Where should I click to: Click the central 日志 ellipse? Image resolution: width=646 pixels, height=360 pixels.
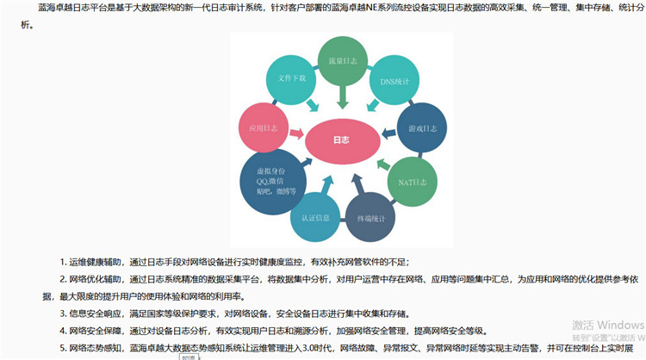point(340,140)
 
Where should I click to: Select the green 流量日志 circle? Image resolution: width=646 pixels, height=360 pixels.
point(342,62)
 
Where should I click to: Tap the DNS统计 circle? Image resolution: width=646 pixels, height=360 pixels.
point(394,81)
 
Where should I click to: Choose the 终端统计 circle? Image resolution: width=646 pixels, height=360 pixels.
point(372,217)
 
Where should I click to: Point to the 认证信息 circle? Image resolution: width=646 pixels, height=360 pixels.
point(315,217)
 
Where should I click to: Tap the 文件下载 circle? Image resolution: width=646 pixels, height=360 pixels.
point(292,79)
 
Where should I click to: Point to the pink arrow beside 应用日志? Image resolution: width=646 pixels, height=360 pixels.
point(296,133)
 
